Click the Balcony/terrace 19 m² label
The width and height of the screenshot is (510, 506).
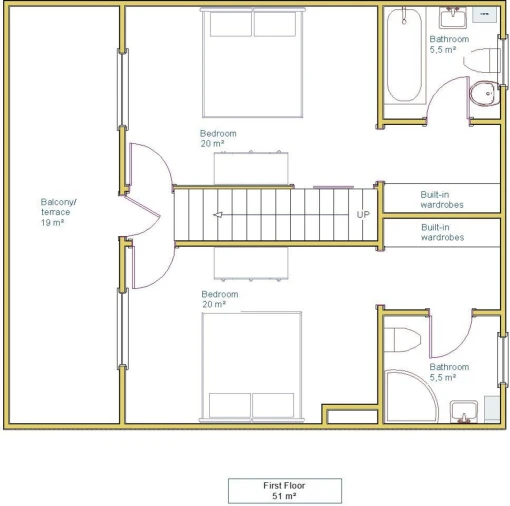[x=58, y=212]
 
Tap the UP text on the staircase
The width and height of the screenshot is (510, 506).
[x=363, y=214]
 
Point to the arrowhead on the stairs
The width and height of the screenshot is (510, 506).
[x=218, y=215]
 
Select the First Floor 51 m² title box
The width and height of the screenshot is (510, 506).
[x=285, y=491]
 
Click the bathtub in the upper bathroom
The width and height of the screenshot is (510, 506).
[x=404, y=55]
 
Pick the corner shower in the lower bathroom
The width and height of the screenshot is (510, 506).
[x=411, y=396]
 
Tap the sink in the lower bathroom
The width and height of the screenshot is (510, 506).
[x=464, y=412]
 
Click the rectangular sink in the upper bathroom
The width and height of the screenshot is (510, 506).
[x=453, y=17]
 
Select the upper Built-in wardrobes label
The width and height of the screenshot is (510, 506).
[x=442, y=199]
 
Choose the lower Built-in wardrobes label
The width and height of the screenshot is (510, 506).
[x=442, y=232]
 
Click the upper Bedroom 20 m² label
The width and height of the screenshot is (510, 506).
[x=218, y=138]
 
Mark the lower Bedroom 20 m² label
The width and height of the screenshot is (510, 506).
[x=220, y=299]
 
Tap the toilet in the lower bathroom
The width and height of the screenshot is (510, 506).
[x=402, y=340]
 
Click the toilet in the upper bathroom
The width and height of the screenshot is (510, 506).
[x=482, y=60]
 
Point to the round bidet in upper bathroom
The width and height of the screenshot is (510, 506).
[x=484, y=94]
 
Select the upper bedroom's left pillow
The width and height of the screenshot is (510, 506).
[x=231, y=24]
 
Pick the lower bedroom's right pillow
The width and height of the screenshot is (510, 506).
[x=273, y=405]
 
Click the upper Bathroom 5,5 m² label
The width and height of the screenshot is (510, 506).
[x=449, y=44]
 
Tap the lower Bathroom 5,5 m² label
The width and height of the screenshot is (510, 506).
[x=449, y=372]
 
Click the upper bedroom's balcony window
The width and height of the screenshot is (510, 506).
[x=123, y=89]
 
